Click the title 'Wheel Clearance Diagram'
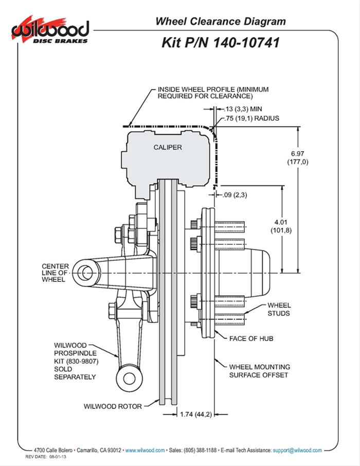click(221, 22)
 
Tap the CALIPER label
click(168, 147)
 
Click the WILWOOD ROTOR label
click(113, 406)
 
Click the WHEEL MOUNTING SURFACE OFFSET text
click(259, 371)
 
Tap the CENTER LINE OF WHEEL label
click(54, 273)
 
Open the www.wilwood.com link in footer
click(145, 450)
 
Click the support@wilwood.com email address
click(298, 450)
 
